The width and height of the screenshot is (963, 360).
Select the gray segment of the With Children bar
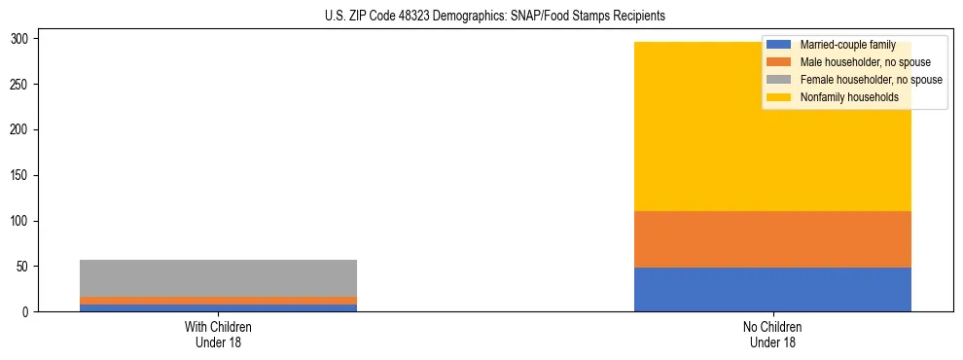pos(218,278)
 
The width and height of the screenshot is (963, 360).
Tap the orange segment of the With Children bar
pos(218,301)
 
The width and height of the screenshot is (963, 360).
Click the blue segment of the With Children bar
pos(218,308)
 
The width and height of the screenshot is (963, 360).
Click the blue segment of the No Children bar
pos(772,290)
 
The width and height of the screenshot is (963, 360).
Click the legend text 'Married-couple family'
pos(847,46)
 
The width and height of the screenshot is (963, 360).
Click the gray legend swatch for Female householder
pos(778,80)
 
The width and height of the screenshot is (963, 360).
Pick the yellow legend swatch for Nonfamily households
pos(778,97)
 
